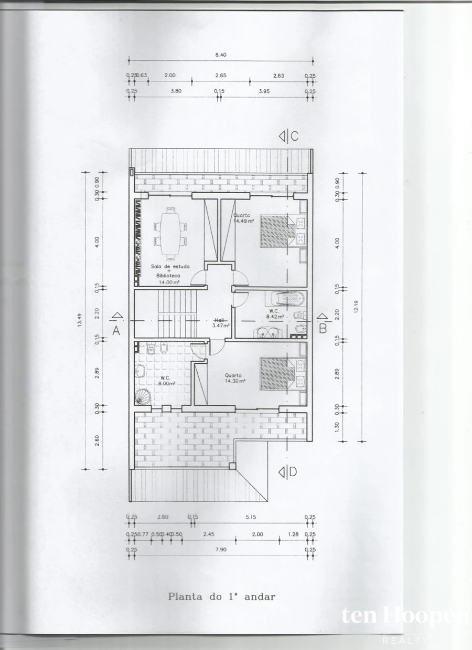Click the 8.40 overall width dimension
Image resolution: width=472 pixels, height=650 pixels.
[220, 55]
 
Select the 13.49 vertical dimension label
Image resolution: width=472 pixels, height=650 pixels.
[80, 320]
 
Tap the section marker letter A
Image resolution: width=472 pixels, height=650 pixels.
[116, 330]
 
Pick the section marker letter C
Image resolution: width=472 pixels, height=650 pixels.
[294, 137]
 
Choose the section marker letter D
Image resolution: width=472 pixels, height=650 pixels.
[292, 472]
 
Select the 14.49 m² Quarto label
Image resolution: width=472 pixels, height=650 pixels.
[243, 218]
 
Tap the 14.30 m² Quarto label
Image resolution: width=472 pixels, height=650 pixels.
[233, 378]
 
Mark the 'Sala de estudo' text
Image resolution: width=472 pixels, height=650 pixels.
[170, 267]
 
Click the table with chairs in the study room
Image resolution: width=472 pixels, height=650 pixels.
[169, 234]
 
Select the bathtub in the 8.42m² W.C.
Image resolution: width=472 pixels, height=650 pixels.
[285, 299]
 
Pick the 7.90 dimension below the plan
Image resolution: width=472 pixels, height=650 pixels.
[220, 550]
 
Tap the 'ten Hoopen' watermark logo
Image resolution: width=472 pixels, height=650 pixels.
[404, 616]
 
